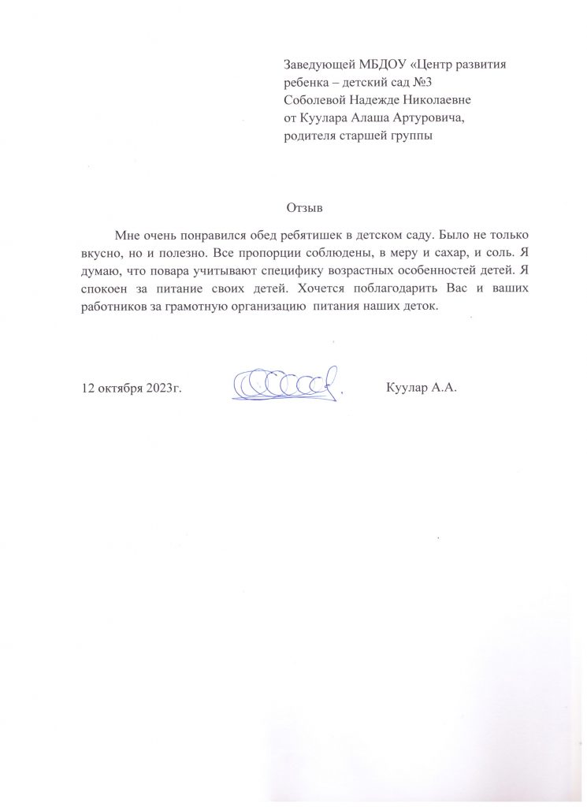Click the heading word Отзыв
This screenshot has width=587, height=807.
click(305, 209)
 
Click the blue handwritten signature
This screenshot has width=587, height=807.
click(289, 384)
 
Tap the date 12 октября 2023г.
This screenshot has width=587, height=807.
click(132, 389)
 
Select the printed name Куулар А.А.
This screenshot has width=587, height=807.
click(422, 389)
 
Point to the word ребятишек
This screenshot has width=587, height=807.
click(303, 236)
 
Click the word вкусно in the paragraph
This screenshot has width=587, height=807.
click(102, 253)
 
